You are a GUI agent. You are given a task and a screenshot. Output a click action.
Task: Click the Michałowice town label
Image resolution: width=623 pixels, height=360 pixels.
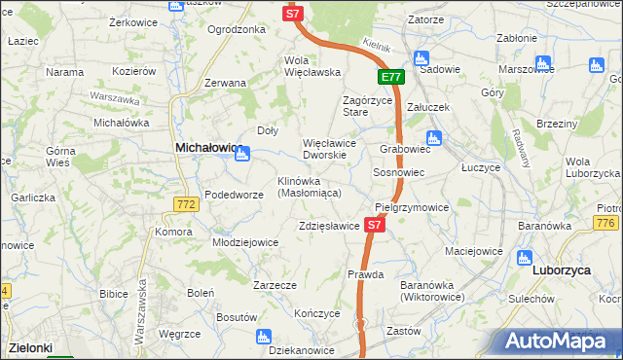[x=207, y=147]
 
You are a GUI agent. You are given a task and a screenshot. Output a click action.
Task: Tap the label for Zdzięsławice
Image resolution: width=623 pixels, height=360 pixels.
[x=330, y=226]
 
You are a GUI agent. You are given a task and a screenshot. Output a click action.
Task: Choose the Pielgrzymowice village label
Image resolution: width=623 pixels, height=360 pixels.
[x=412, y=208]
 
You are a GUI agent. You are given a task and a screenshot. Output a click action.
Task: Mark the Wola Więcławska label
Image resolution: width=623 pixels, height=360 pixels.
[x=311, y=66]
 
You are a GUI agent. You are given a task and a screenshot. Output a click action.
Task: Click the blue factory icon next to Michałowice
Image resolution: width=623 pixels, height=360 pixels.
[x=242, y=153]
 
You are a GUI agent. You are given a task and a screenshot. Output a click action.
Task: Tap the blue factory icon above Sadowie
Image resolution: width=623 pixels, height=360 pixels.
[x=421, y=57]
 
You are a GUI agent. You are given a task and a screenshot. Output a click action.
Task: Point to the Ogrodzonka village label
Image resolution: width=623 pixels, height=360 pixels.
[x=237, y=29]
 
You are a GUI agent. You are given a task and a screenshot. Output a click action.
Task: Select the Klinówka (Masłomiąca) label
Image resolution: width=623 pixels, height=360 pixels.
[x=309, y=188]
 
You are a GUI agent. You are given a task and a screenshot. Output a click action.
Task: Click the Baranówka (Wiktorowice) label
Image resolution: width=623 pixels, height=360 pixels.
[x=431, y=290]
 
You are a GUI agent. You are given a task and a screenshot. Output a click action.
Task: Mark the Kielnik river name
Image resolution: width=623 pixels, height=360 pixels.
[x=375, y=46]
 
